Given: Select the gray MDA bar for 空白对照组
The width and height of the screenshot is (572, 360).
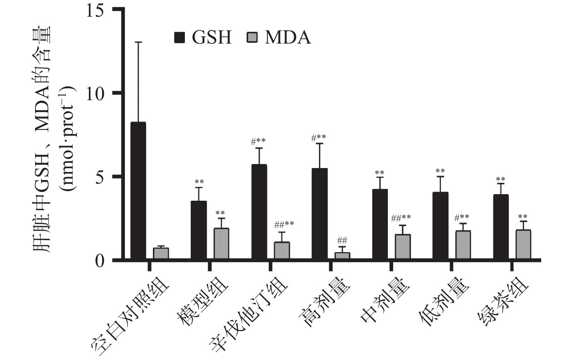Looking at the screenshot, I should tap(161, 253).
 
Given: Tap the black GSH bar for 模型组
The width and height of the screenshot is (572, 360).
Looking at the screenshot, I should tap(199, 230).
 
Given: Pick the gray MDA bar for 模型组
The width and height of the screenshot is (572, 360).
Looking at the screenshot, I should tap(221, 244).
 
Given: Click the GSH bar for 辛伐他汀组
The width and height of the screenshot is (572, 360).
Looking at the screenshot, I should tap(259, 212).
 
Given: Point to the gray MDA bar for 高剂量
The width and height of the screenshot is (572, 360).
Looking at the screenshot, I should tap(342, 255).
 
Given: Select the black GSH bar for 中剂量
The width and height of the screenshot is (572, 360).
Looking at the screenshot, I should tap(380, 224).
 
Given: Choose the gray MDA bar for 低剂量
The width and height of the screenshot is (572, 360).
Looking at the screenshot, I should tap(463, 245).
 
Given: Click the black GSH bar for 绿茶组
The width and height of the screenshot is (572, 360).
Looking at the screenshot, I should tap(501, 227).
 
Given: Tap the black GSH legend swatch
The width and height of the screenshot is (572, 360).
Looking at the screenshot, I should tap(180, 37).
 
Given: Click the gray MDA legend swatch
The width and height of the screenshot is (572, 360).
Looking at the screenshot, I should tap(252, 37).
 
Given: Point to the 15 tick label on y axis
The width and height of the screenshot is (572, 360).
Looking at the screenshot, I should tap(95, 10).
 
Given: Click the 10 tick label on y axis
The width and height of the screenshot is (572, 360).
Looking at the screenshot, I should tap(95, 93).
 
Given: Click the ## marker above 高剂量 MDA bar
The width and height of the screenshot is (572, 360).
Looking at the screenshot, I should tap(342, 240).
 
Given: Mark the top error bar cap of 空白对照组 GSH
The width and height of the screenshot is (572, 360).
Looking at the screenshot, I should tap(138, 42).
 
